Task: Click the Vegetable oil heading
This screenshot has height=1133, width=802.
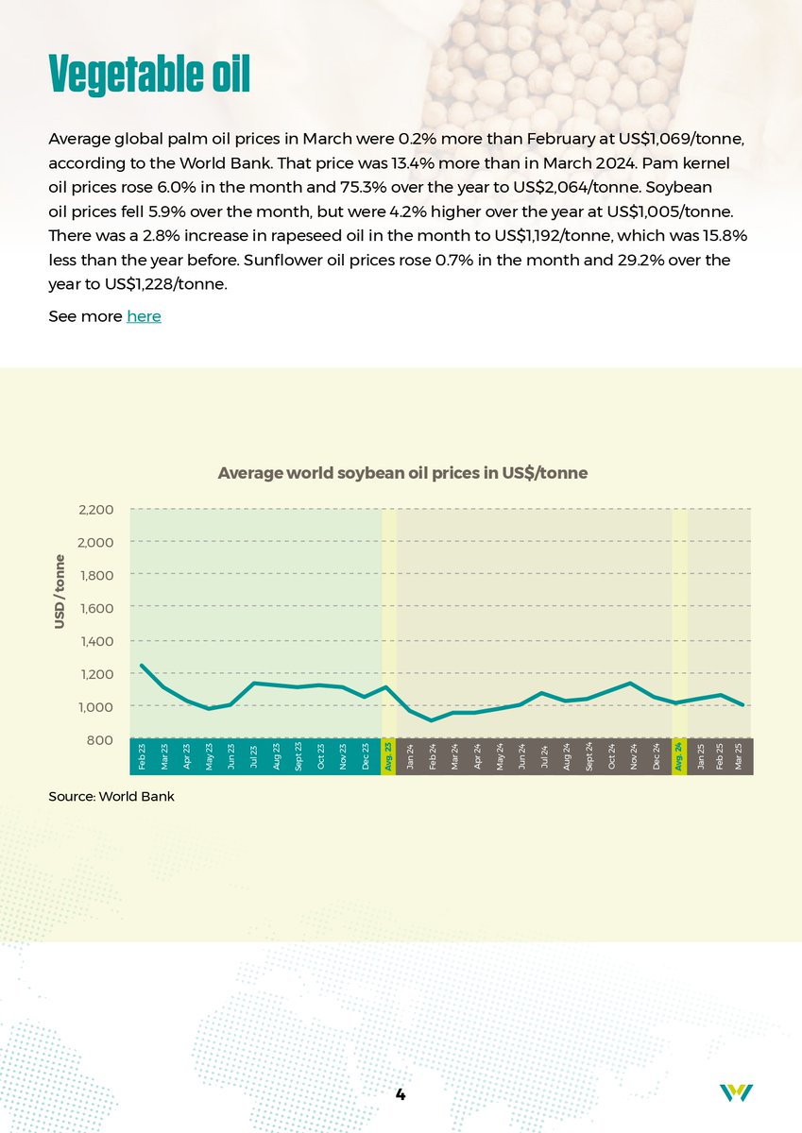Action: (148, 74)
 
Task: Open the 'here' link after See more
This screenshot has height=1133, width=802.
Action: (144, 316)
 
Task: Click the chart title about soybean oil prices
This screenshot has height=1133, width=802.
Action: (402, 472)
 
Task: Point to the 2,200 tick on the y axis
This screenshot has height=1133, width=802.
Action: (95, 510)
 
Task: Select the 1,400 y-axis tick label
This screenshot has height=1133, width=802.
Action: (95, 641)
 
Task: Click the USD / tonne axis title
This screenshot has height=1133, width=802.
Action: (60, 591)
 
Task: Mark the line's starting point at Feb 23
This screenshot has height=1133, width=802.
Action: (142, 666)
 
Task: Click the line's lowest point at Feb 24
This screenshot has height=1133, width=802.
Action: (432, 720)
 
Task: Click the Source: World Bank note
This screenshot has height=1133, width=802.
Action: (111, 797)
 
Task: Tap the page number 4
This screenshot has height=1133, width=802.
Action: (401, 1094)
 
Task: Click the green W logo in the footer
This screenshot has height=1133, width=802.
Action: (736, 1092)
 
